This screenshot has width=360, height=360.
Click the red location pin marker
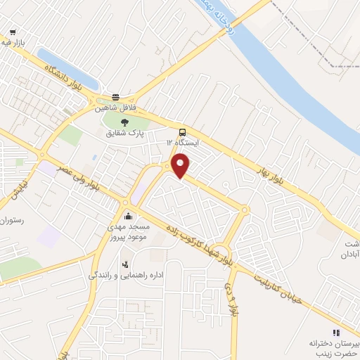point(181,166)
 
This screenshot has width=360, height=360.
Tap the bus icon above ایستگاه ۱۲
point(183,131)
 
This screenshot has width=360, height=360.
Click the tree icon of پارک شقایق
point(126,122)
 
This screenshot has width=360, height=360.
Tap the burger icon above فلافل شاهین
point(115,98)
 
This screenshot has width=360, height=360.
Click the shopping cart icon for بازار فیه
point(13,32)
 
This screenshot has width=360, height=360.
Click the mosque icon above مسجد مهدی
point(127,216)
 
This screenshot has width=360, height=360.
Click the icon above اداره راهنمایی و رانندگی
point(125,264)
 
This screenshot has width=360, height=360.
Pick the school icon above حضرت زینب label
point(336,333)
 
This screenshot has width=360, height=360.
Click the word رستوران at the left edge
point(13,221)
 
